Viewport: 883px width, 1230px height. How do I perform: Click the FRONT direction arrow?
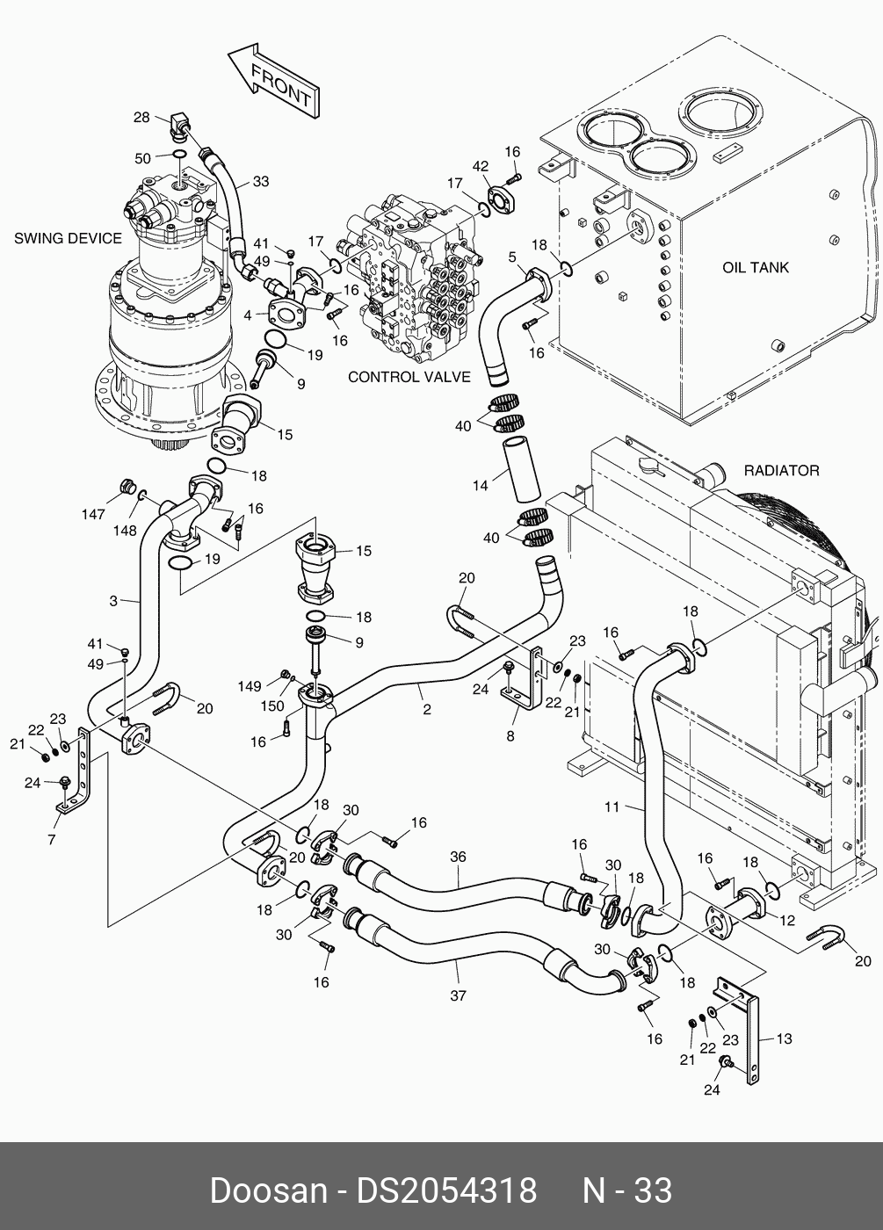(274, 83)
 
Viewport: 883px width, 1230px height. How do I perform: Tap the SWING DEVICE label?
(68, 238)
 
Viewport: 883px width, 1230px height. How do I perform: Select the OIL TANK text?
(756, 267)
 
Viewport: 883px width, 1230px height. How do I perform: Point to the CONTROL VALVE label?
(409, 377)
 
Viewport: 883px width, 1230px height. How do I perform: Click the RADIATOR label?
(781, 471)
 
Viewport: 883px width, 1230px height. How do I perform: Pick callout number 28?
(141, 118)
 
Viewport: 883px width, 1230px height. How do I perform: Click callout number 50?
(142, 158)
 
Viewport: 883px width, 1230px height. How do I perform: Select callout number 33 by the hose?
(260, 182)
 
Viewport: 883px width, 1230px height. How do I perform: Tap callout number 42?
(480, 167)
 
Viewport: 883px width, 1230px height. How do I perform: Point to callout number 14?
(480, 485)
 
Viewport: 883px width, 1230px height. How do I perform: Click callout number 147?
(94, 515)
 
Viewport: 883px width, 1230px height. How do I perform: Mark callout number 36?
(458, 857)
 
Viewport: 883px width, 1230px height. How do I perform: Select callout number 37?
(458, 995)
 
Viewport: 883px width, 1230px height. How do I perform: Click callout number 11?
(612, 807)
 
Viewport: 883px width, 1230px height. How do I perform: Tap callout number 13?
(784, 1038)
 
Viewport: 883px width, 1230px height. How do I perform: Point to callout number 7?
(52, 840)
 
